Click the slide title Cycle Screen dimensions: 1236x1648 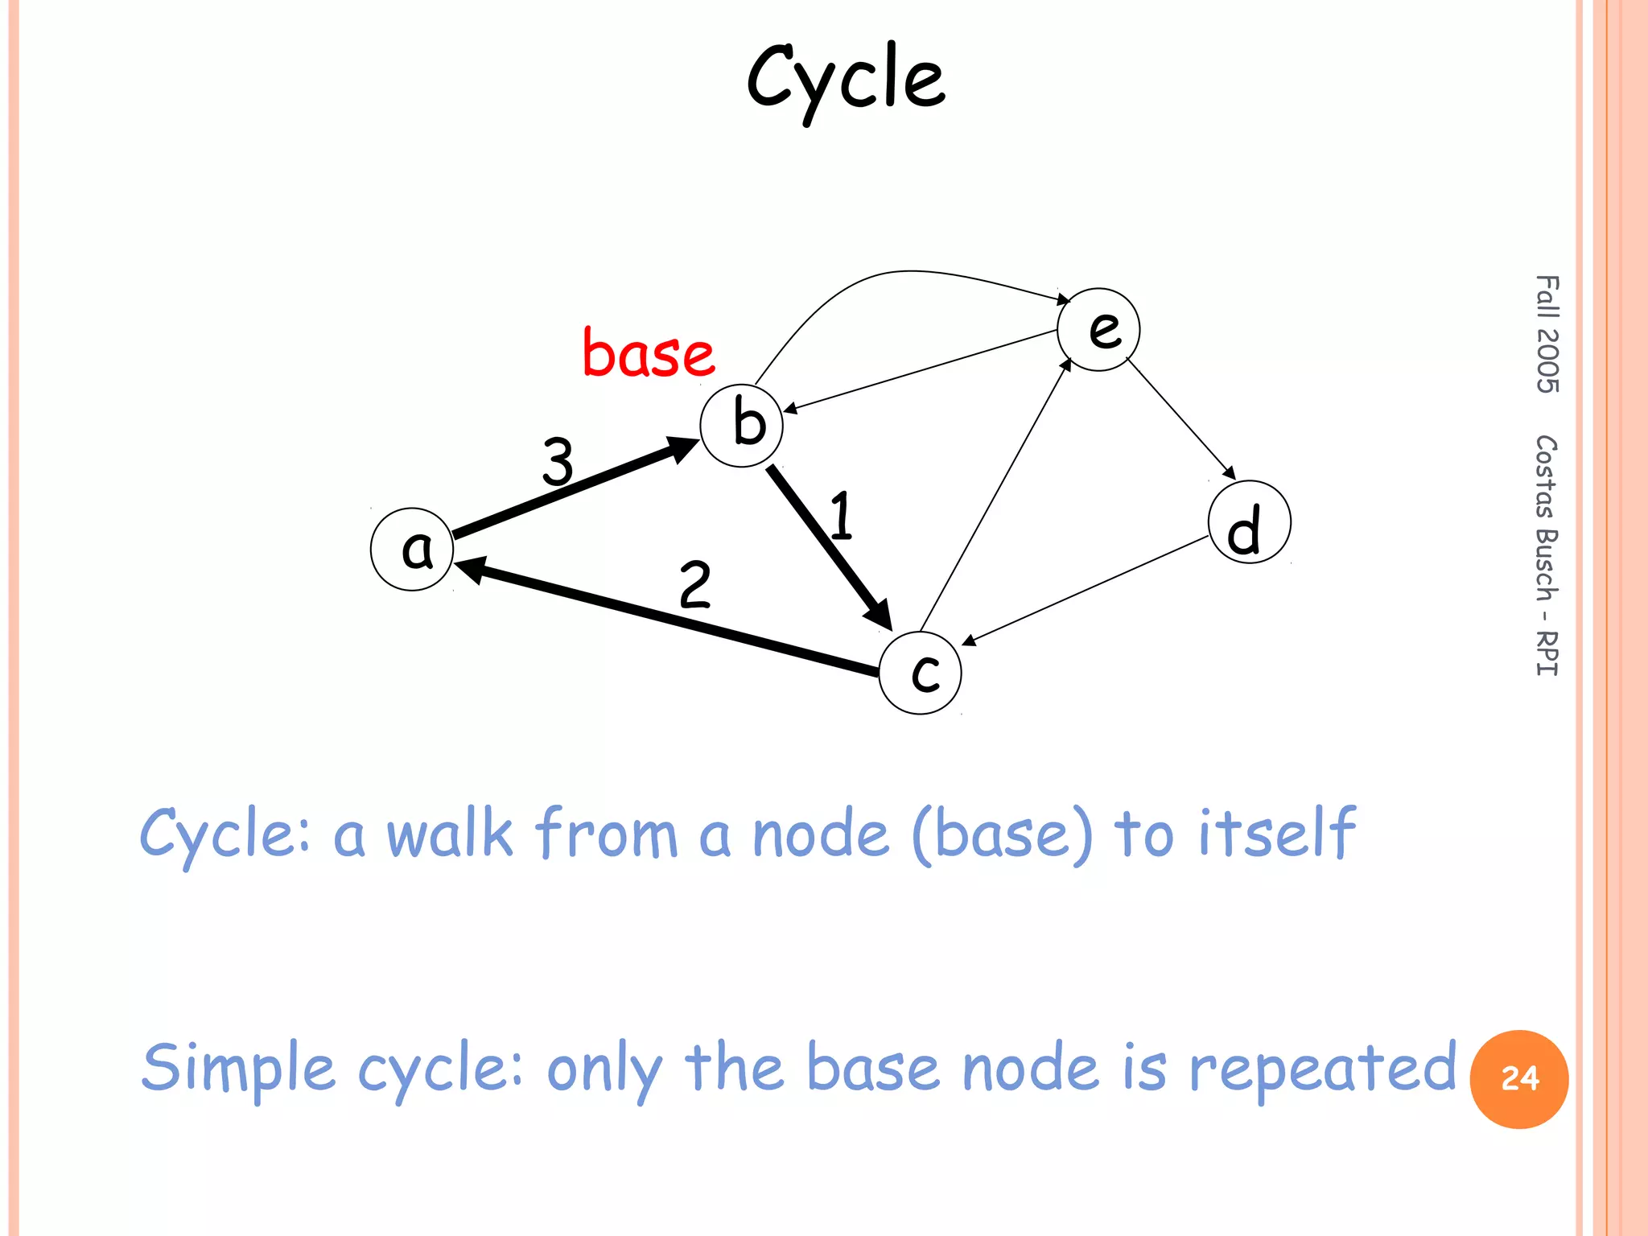846,79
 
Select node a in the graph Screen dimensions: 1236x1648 412,550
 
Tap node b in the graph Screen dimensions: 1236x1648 741,426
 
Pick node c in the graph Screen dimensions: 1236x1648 920,673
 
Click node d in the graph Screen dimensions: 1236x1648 1250,522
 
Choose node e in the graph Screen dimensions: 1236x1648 1098,329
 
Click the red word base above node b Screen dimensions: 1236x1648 649,353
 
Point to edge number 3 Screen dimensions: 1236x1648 558,461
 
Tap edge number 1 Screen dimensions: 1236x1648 841,516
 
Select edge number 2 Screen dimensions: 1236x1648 694,585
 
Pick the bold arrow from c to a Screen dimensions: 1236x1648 668,618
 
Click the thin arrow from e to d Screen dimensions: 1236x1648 1180,418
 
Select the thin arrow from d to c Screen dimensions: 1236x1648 1086,590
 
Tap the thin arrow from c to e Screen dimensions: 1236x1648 995,496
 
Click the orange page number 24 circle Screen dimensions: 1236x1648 1518,1079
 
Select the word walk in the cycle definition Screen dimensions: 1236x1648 449,834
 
